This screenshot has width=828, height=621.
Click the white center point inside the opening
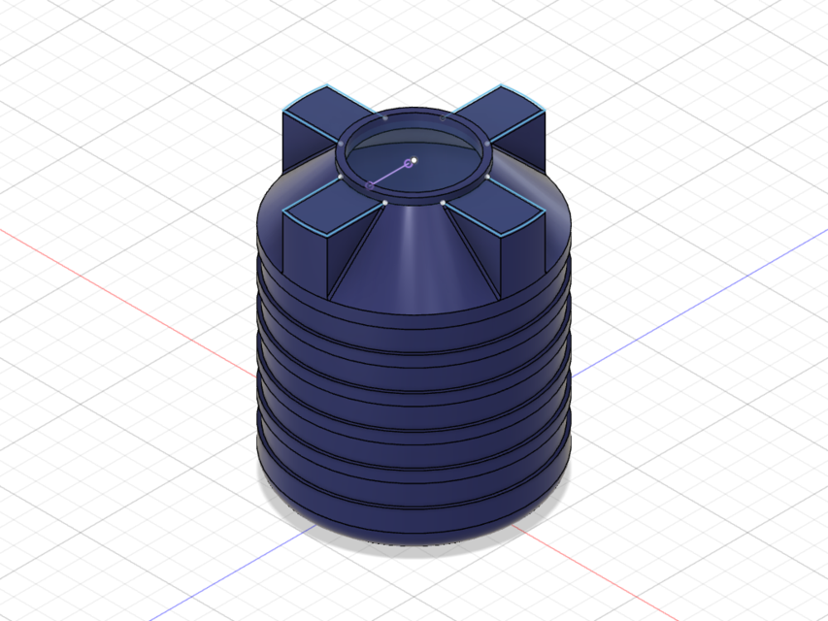[414, 159]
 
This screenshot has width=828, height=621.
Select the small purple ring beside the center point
[409, 164]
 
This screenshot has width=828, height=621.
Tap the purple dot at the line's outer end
[370, 184]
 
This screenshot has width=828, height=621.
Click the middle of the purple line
[389, 174]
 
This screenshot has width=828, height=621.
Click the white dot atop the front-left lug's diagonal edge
[385, 202]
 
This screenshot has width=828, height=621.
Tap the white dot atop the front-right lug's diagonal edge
[443, 203]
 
